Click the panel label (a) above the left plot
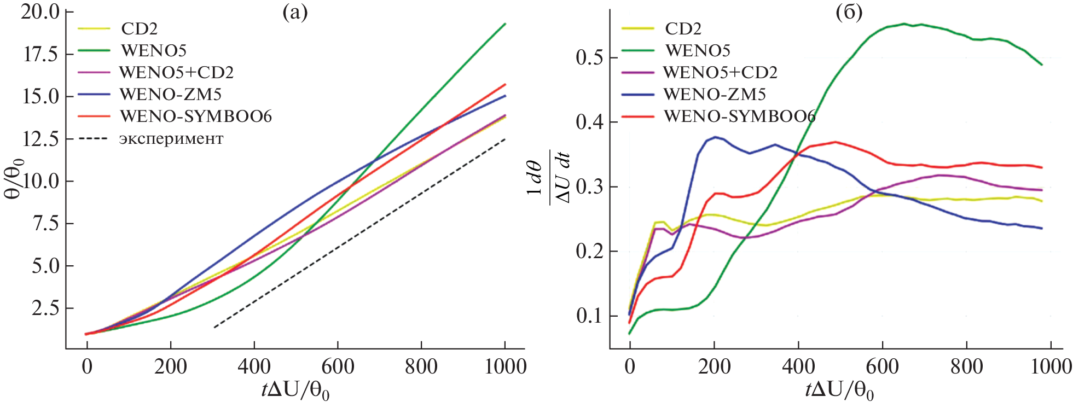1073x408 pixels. [x=295, y=13]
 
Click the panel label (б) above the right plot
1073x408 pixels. [x=849, y=13]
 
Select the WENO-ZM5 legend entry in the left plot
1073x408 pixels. [x=170, y=95]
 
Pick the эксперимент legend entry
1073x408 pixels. [x=171, y=138]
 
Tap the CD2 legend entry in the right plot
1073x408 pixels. [x=683, y=28]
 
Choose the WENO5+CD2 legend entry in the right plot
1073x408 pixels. [x=720, y=72]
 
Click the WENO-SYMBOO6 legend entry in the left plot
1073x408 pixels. [x=195, y=116]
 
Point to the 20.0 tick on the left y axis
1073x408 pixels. [x=40, y=12]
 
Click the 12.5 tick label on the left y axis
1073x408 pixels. [x=40, y=139]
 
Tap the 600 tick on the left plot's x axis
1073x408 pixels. [x=338, y=366]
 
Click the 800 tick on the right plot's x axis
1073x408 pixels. [x=966, y=366]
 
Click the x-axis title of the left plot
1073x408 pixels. [x=295, y=390]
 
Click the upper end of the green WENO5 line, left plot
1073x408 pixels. [x=504, y=24]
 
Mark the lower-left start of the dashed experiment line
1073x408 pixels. [x=214, y=327]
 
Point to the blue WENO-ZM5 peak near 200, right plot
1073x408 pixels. [x=715, y=137]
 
